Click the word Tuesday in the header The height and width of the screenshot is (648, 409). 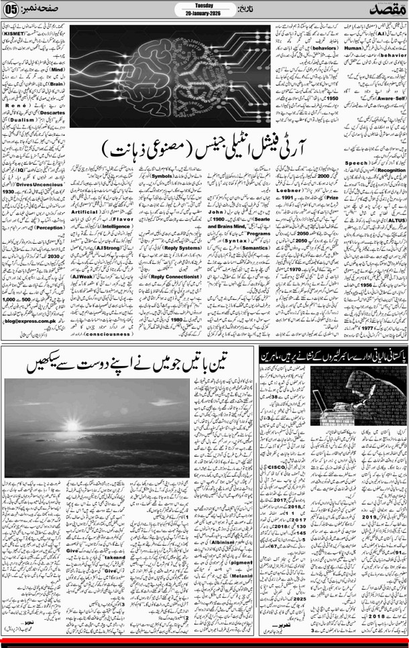(204, 5)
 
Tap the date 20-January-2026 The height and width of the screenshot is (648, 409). (204, 14)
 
